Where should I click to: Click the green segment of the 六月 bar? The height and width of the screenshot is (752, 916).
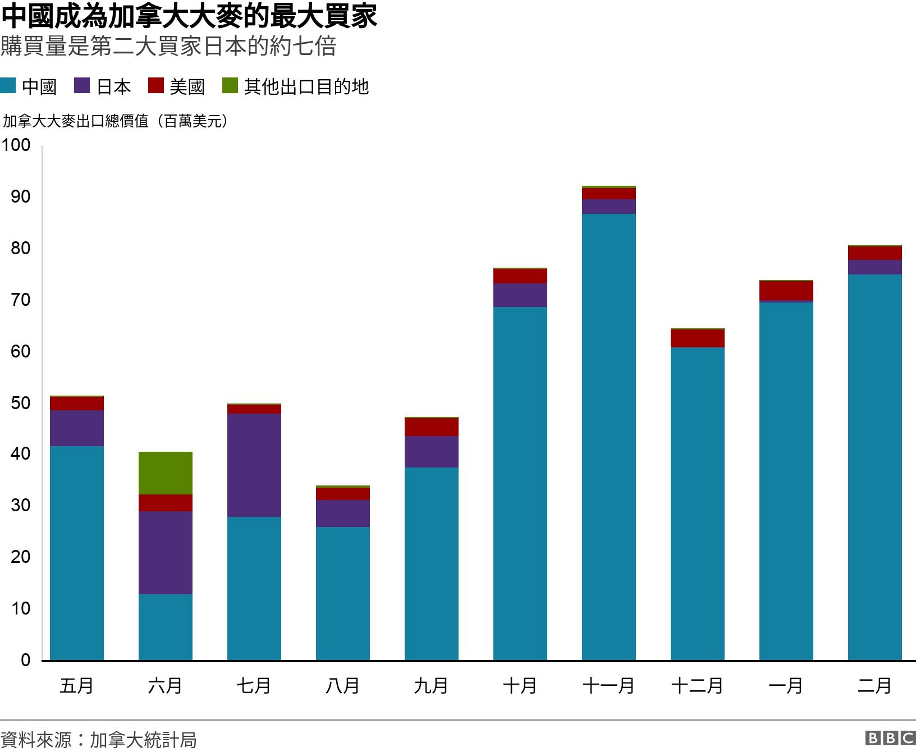click(x=165, y=473)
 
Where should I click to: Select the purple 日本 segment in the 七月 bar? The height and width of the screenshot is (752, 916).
click(x=254, y=465)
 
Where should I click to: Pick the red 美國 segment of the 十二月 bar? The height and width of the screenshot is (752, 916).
click(x=697, y=338)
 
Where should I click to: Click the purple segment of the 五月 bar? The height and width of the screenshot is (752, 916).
click(x=76, y=428)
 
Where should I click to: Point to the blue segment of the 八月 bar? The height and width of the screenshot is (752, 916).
click(x=342, y=593)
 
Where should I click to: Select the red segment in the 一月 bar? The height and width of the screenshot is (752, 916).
click(x=786, y=291)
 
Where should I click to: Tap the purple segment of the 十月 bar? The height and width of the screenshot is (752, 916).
click(x=520, y=295)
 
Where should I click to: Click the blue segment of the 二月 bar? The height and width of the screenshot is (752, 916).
click(x=874, y=467)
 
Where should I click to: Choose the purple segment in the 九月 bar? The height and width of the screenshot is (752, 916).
click(x=431, y=452)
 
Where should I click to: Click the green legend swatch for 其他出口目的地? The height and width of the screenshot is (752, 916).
click(x=230, y=86)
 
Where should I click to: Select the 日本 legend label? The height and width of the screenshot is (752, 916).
click(x=114, y=86)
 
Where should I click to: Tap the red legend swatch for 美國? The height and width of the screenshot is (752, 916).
click(x=155, y=86)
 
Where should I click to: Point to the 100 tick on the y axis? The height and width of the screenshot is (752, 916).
click(x=16, y=145)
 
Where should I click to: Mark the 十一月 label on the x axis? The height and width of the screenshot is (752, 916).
click(x=608, y=686)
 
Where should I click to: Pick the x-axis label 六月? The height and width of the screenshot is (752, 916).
click(x=165, y=686)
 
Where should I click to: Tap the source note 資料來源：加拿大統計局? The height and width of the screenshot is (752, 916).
click(x=99, y=740)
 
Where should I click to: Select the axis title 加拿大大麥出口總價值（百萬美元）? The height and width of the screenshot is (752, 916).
click(x=116, y=121)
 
